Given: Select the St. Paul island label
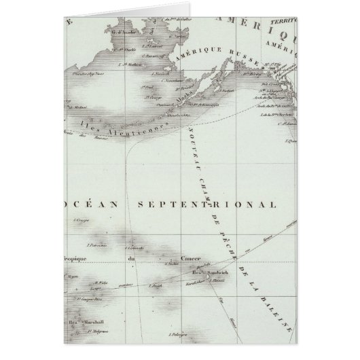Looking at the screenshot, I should click(148, 86).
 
